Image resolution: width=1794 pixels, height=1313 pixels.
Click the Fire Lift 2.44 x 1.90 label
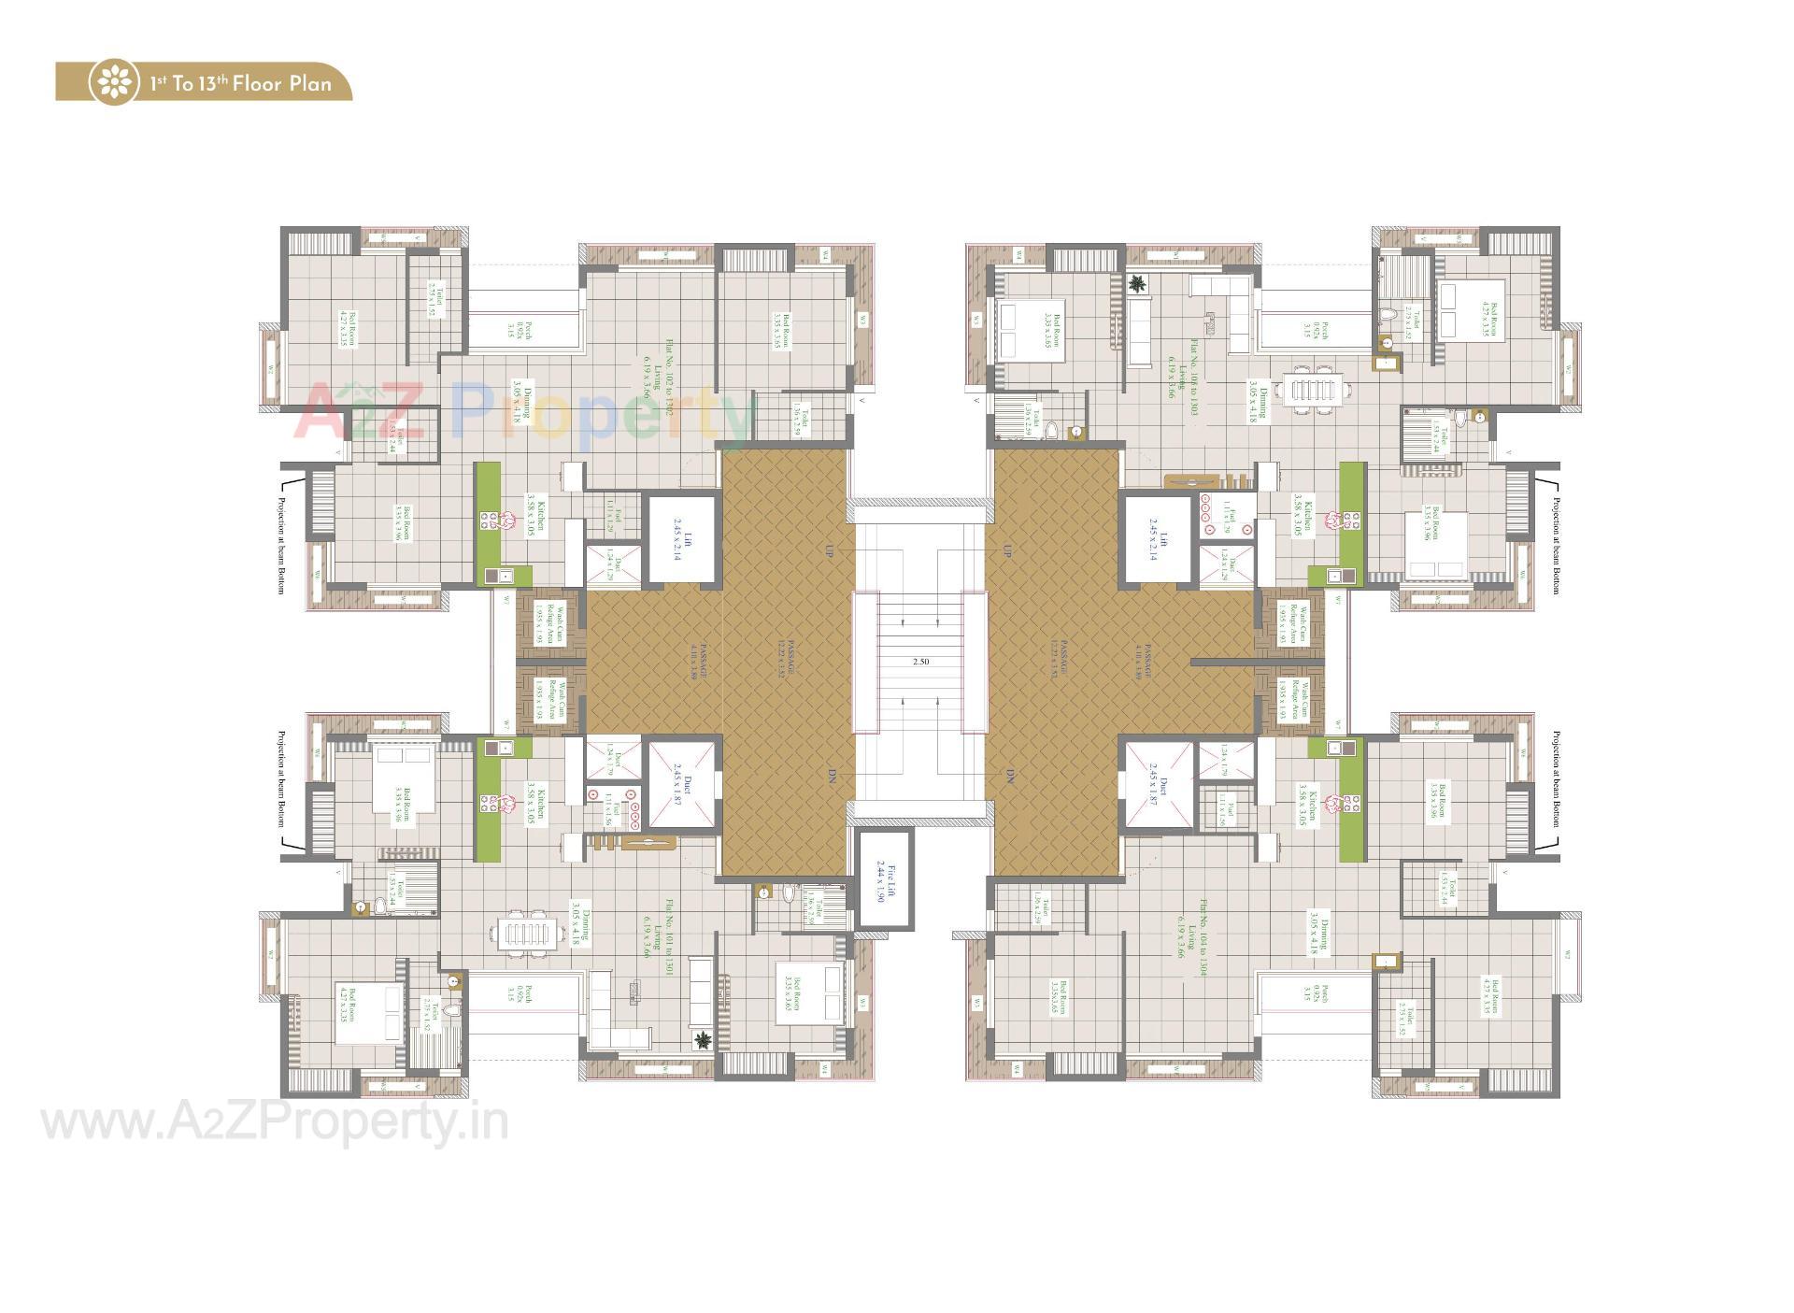point(885,879)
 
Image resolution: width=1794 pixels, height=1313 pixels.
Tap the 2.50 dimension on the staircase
point(920,662)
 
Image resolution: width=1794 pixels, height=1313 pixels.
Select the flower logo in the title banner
point(116,83)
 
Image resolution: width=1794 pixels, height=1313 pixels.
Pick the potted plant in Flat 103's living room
point(1138,284)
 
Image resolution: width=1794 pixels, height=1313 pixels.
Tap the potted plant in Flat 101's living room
point(702,1040)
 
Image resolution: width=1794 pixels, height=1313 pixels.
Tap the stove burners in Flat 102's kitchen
point(489,521)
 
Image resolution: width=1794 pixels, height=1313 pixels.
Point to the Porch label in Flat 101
point(520,994)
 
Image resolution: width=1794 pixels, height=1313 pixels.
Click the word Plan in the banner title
point(309,83)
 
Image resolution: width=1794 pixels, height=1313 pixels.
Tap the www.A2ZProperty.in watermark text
point(275,1121)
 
